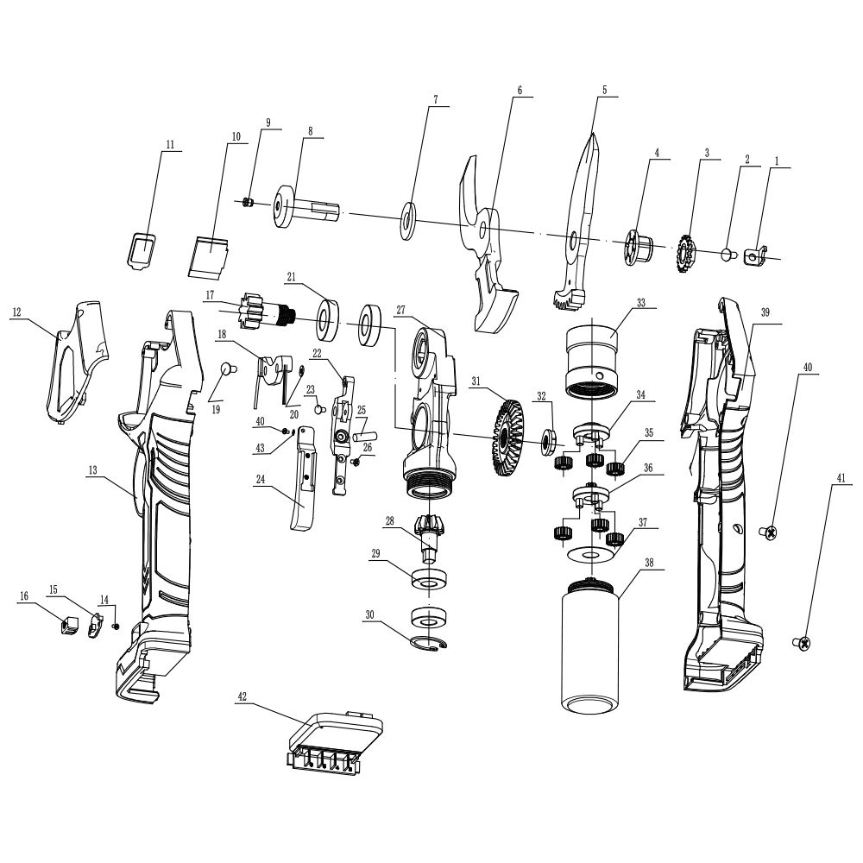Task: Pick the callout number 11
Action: (x=170, y=144)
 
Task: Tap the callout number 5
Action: (x=604, y=89)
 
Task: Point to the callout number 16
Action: (x=23, y=595)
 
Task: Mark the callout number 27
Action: (x=401, y=310)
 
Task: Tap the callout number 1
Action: (x=776, y=161)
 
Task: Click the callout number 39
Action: (x=765, y=312)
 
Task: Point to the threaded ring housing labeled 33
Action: (x=594, y=361)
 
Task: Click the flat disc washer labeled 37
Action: (x=591, y=552)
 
